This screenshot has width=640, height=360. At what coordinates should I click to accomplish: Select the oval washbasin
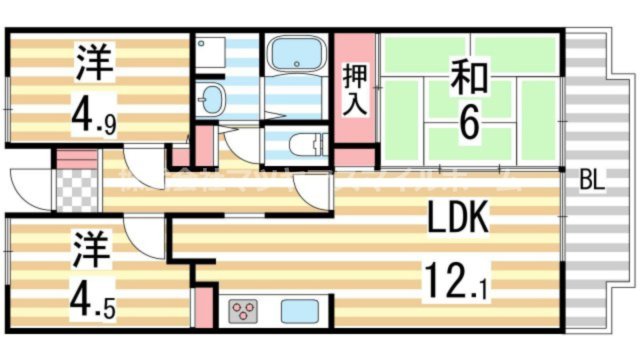click(211, 99)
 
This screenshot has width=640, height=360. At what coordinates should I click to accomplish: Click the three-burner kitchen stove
click(244, 311)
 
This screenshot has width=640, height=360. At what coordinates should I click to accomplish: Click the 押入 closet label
click(355, 87)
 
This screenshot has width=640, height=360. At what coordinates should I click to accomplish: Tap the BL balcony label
click(593, 182)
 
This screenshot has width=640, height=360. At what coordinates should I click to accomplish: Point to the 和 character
click(467, 76)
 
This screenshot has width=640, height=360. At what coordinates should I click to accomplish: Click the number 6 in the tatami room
click(467, 122)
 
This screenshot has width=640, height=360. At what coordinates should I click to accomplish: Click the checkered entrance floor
click(75, 191)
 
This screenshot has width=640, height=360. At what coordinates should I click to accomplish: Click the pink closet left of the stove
click(203, 307)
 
